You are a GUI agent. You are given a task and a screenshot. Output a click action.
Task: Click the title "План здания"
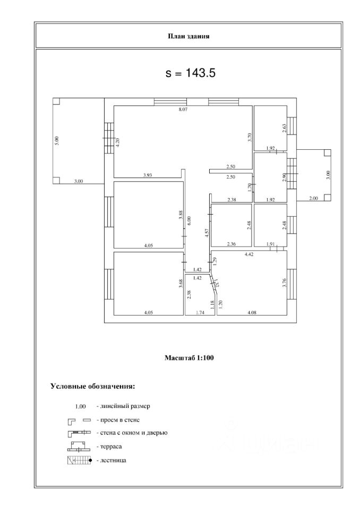(x=189, y=37)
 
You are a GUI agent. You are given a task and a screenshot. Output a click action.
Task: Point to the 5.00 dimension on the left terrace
(x=57, y=141)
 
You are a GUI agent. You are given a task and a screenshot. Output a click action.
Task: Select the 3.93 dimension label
(x=148, y=175)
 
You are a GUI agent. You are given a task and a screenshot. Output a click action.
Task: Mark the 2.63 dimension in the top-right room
(x=284, y=127)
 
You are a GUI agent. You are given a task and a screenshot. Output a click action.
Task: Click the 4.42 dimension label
(x=249, y=255)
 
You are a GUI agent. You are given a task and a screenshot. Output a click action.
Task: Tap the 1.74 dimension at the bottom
(x=201, y=313)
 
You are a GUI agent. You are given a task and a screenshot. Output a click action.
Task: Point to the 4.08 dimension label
(x=255, y=313)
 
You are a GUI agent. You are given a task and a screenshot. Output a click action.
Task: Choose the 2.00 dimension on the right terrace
(x=313, y=199)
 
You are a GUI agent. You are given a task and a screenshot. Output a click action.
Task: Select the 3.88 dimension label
(x=181, y=215)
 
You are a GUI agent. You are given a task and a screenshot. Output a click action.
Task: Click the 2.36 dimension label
(x=231, y=244)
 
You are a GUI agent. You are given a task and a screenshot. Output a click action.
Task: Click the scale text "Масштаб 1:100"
(x=189, y=358)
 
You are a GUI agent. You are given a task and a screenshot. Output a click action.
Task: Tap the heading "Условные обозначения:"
(x=92, y=386)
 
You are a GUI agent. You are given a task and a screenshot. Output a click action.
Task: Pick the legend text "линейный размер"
(x=125, y=406)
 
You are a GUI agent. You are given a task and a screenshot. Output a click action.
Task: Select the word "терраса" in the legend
(x=113, y=447)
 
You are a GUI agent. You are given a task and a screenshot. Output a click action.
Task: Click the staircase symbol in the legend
(x=78, y=460)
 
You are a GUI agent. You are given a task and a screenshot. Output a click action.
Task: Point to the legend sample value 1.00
(x=80, y=407)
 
